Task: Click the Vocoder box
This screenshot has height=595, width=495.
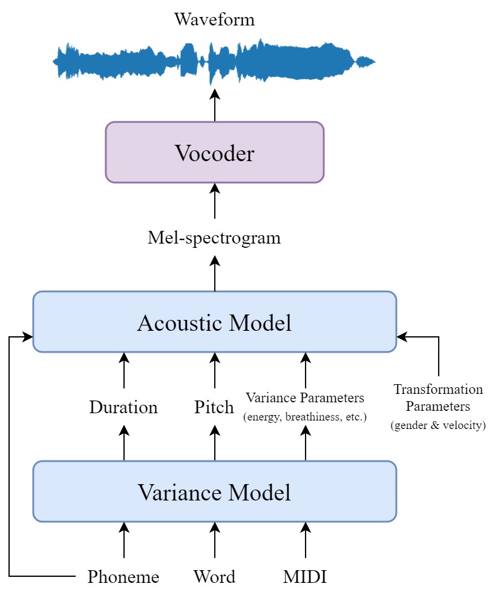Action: [x=214, y=153]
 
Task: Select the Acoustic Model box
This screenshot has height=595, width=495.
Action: [x=214, y=322]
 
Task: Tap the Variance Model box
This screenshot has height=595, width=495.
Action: [x=214, y=491]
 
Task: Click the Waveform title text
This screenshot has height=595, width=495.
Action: [x=214, y=19]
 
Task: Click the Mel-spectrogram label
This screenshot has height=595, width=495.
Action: [x=214, y=238]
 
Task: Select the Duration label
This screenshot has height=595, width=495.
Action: [x=123, y=407]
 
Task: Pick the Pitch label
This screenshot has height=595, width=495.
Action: [x=214, y=407]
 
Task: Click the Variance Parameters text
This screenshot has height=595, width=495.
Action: [x=304, y=398]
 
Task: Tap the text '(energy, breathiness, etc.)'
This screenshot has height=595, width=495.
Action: [x=304, y=417]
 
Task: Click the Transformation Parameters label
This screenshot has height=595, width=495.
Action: [x=438, y=397]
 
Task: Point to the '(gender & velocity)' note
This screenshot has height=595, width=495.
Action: [x=438, y=425]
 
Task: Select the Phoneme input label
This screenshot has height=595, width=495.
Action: [x=123, y=577]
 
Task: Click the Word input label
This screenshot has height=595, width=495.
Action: [x=214, y=577]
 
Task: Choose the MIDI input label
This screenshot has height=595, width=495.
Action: [x=304, y=577]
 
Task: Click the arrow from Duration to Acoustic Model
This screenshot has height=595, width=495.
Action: [x=123, y=371]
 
